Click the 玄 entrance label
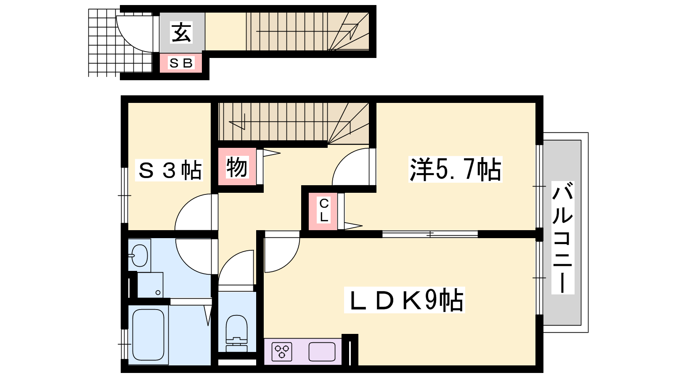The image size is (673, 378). pyautogui.click(x=181, y=32)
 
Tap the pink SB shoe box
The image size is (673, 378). pyautogui.click(x=180, y=63)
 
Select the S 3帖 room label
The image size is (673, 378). pyautogui.click(x=169, y=170)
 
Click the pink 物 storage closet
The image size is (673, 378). pyautogui.click(x=237, y=166)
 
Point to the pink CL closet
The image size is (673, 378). pyautogui.click(x=323, y=212)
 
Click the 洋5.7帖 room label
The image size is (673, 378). pyautogui.click(x=455, y=169)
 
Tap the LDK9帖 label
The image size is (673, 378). pyautogui.click(x=404, y=300)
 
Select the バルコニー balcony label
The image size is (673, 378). pyautogui.click(x=563, y=238)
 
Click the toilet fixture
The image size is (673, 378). pyautogui.click(x=237, y=333)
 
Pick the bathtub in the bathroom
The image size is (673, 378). pyautogui.click(x=148, y=334)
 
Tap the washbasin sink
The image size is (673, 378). pyautogui.click(x=139, y=255)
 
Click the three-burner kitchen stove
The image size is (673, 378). pyautogui.click(x=282, y=352)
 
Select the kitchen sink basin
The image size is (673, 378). pyautogui.click(x=322, y=352)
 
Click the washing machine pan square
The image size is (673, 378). pyautogui.click(x=150, y=285)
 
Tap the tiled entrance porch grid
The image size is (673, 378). pyautogui.click(x=120, y=42)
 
